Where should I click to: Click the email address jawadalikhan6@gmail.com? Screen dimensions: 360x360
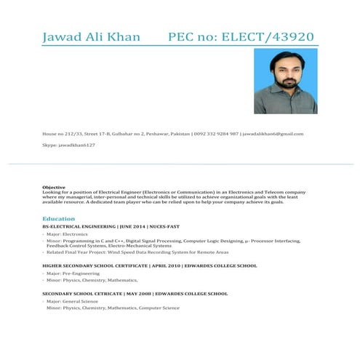coord(273,134)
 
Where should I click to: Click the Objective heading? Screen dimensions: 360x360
coord(54,187)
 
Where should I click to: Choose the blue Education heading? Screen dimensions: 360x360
coord(59,218)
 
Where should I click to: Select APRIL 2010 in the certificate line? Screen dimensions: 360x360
coord(167,266)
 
